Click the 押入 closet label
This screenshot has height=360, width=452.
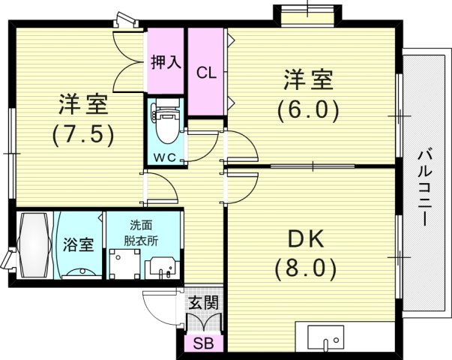pyautogui.click(x=166, y=62)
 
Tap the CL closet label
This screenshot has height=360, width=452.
pyautogui.click(x=206, y=73)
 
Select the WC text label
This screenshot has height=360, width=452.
pyautogui.click(x=165, y=157)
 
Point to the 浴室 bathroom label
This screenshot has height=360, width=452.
pyautogui.click(x=78, y=245)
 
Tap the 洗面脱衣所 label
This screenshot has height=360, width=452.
pyautogui.click(x=141, y=232)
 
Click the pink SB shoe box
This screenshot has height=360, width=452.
pyautogui.click(x=202, y=345)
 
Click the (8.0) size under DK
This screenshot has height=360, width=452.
pyautogui.click(x=306, y=267)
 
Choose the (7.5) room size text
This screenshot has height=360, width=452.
pyautogui.click(x=82, y=134)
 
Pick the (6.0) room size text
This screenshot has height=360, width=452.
pyautogui.click(x=308, y=109)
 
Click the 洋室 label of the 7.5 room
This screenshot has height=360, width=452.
pyautogui.click(x=82, y=104)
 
